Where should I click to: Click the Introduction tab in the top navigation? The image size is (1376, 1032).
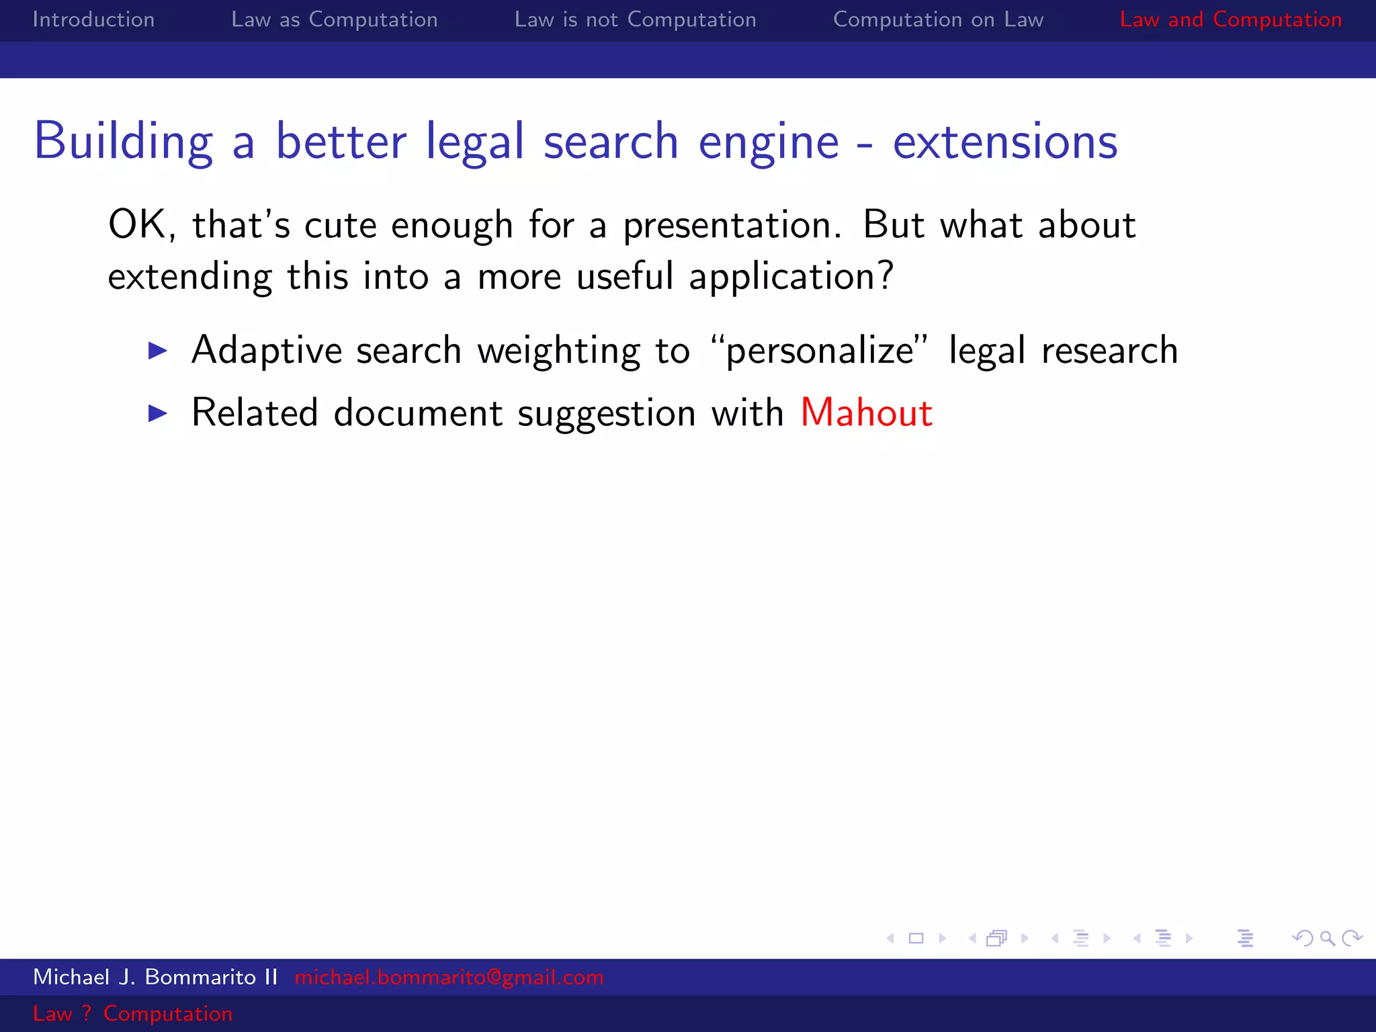pos(93,19)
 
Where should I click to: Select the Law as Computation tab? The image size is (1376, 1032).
pos(334,19)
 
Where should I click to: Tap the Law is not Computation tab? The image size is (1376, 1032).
pos(635,19)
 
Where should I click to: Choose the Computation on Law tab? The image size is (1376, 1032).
pos(938,19)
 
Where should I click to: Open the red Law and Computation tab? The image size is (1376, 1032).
pos(1230,19)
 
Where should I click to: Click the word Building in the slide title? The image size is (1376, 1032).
pos(124,142)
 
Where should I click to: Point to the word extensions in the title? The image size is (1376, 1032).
pos(1004,142)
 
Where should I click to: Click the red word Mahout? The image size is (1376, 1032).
pos(866,413)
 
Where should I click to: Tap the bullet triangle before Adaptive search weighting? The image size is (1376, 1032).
pos(157,350)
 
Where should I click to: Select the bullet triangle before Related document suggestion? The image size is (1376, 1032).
pos(157,413)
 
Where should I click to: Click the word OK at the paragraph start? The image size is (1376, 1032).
pos(138,224)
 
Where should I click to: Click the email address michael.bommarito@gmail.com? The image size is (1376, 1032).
pos(449,977)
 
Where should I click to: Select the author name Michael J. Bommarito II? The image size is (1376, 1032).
pos(155,977)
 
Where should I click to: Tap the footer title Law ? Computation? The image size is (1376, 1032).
pos(132,1013)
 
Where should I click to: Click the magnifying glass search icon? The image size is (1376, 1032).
pos(1327,938)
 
